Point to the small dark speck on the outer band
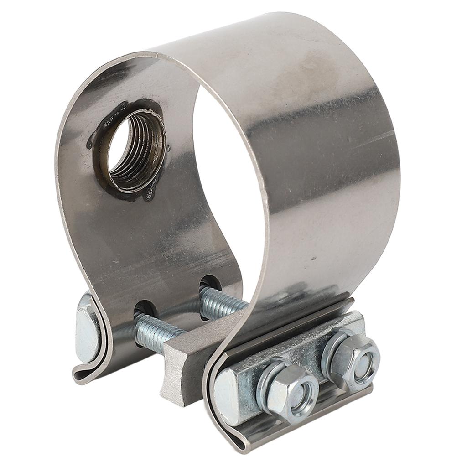313,259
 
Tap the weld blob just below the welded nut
150,195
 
